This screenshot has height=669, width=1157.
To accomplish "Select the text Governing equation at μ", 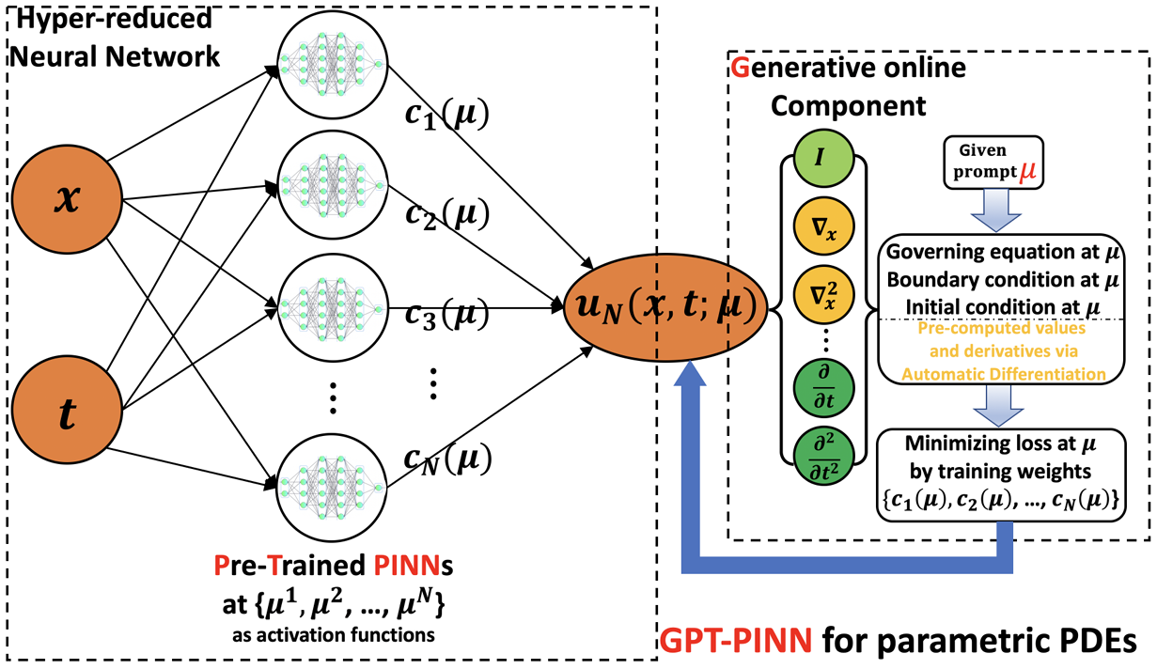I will [x=990, y=253].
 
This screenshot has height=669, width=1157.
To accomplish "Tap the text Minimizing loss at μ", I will [x=990, y=441].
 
